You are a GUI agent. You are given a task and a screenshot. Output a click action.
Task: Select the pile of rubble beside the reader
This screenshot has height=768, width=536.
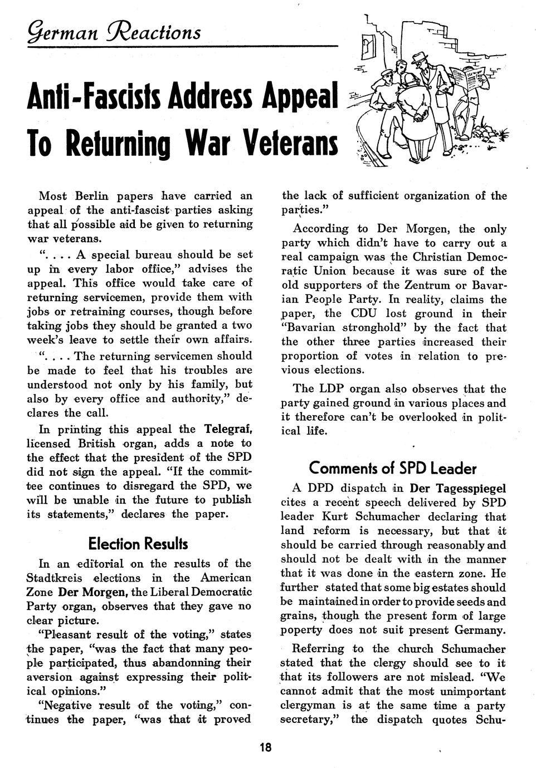491,134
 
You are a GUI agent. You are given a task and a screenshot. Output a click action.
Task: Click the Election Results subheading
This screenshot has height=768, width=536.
138,543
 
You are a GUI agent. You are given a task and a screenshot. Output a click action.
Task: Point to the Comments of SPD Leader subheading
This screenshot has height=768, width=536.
393,468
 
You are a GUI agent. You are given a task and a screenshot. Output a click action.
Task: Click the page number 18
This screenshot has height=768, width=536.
265,747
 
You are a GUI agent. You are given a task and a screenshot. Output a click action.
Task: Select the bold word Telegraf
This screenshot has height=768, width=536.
229,429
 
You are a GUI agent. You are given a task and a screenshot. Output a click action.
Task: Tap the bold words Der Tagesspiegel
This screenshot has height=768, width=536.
458,489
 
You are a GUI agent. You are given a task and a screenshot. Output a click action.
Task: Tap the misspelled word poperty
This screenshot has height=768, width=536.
301,631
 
